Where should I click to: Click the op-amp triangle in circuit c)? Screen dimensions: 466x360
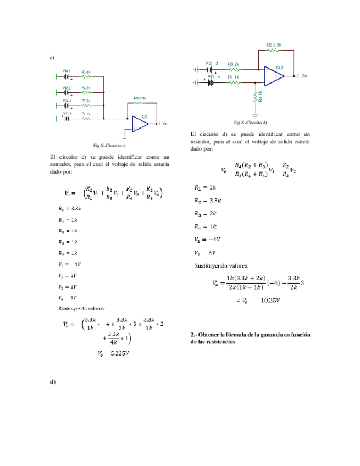pyautogui.click(x=141, y=124)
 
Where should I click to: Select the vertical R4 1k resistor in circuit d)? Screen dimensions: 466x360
pyautogui.click(x=255, y=98)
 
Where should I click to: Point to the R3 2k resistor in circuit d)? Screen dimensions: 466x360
pyautogui.click(x=234, y=70)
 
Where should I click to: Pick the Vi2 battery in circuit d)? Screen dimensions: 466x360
pyautogui.click(x=209, y=70)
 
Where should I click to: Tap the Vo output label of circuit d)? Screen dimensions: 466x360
pyautogui.click(x=304, y=76)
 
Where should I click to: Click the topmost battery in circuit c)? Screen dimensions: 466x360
pyautogui.click(x=67, y=76)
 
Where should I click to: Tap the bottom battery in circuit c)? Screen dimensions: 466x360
pyautogui.click(x=67, y=118)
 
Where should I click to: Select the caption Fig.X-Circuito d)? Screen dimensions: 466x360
pyautogui.click(x=250, y=121)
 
